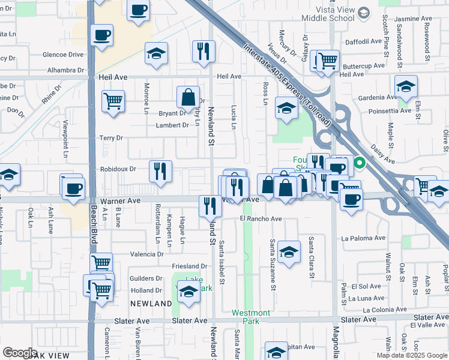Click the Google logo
pyautogui.click(x=20, y=353)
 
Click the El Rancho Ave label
pyautogui.click(x=261, y=219)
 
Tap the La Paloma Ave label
pyautogui.click(x=363, y=238)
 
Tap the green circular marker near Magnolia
pyautogui.click(x=360, y=161)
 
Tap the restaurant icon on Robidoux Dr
pyautogui.click(x=160, y=170)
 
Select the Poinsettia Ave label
pyautogui.click(x=390, y=111)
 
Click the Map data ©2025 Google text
pyautogui.click(x=411, y=355)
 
